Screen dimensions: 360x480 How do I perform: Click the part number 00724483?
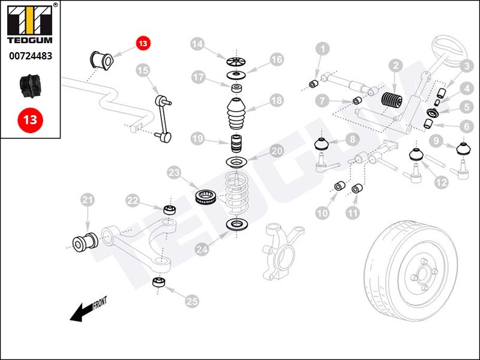[30, 56]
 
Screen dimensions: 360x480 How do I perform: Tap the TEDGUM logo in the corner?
[30, 23]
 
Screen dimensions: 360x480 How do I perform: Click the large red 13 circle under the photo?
[30, 119]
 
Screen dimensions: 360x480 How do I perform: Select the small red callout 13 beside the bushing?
[143, 43]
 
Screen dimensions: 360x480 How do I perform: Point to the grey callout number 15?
[142, 71]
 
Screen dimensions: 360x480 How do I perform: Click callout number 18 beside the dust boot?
[276, 101]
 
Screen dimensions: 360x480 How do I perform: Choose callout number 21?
[88, 200]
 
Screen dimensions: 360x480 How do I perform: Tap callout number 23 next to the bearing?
[175, 173]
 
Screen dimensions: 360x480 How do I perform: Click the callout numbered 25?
[191, 301]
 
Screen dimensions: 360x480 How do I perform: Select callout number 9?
[436, 142]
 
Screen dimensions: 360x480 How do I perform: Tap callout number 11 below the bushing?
[352, 212]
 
